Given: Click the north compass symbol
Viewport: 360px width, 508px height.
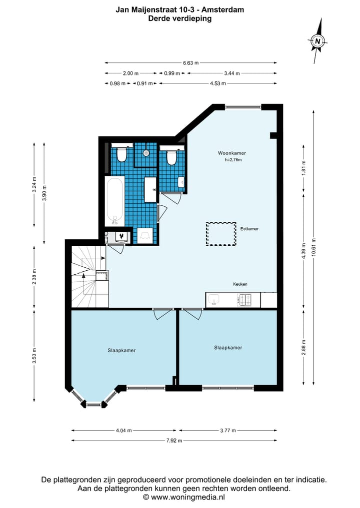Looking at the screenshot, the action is pos(317,41).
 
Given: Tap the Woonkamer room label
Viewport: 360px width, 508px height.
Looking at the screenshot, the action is pos(231,153).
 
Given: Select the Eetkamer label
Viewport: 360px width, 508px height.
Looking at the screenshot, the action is pos(249,229).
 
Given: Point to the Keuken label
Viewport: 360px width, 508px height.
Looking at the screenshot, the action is pos(240,284).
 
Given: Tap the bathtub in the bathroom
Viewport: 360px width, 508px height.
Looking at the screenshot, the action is pos(114,201).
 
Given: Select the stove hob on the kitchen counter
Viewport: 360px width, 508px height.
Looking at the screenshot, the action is pos(244,300).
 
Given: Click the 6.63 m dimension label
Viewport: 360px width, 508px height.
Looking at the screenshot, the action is pos(190,63).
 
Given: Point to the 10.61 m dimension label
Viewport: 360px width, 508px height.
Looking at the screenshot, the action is pos(313,247).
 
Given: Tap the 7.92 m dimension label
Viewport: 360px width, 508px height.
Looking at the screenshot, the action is pos(174,441).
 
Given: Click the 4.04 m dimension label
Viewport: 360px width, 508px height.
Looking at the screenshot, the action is pos(123,431).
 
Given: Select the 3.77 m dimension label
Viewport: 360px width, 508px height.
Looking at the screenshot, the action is pos(228,431).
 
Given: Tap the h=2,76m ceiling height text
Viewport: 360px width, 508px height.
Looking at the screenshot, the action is pos(233,160).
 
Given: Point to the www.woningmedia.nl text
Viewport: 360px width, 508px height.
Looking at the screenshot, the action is pos(188,497).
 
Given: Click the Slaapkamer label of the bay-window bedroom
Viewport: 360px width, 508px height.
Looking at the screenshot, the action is pos(121,350).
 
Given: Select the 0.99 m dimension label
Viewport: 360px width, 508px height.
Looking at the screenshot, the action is pos(172,73).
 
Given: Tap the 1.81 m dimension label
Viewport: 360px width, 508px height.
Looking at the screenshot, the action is pos(303,168).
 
